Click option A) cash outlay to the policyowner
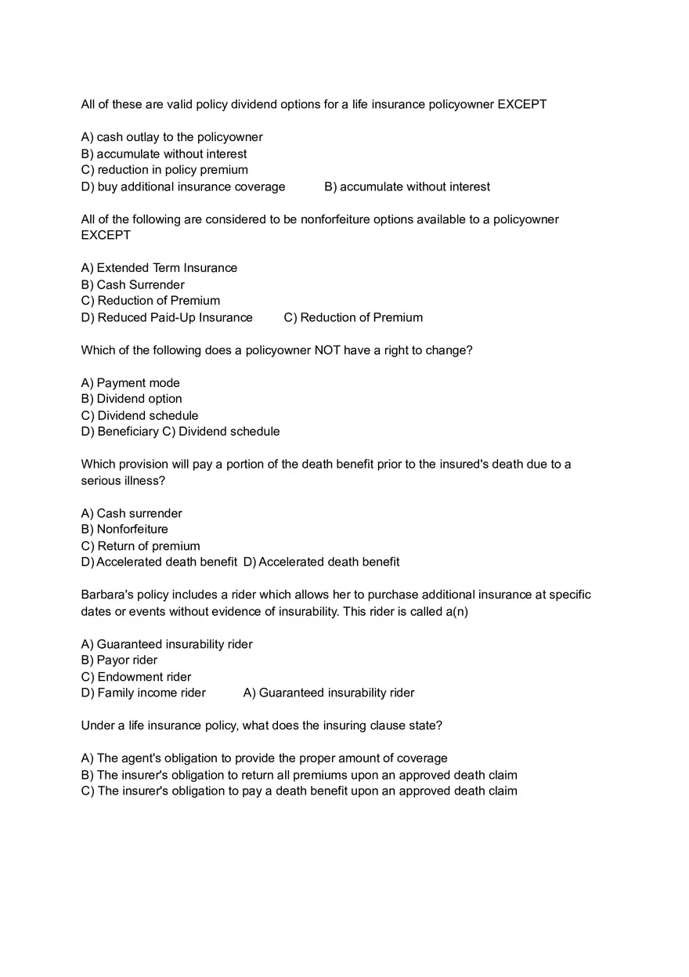coord(171,137)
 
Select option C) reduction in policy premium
coord(164,170)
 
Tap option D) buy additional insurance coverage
coord(183,186)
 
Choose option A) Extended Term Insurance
coord(159,268)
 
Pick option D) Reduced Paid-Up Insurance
coord(167,317)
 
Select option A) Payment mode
coord(130,383)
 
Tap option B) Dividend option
coord(132,399)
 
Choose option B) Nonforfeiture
coord(124,530)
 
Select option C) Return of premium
coord(140,546)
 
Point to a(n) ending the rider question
coord(456,611)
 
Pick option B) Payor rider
coord(119,660)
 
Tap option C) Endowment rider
coord(136,677)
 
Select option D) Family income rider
coord(143,693)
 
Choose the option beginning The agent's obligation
coord(264,758)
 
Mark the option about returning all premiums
coord(299,775)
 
